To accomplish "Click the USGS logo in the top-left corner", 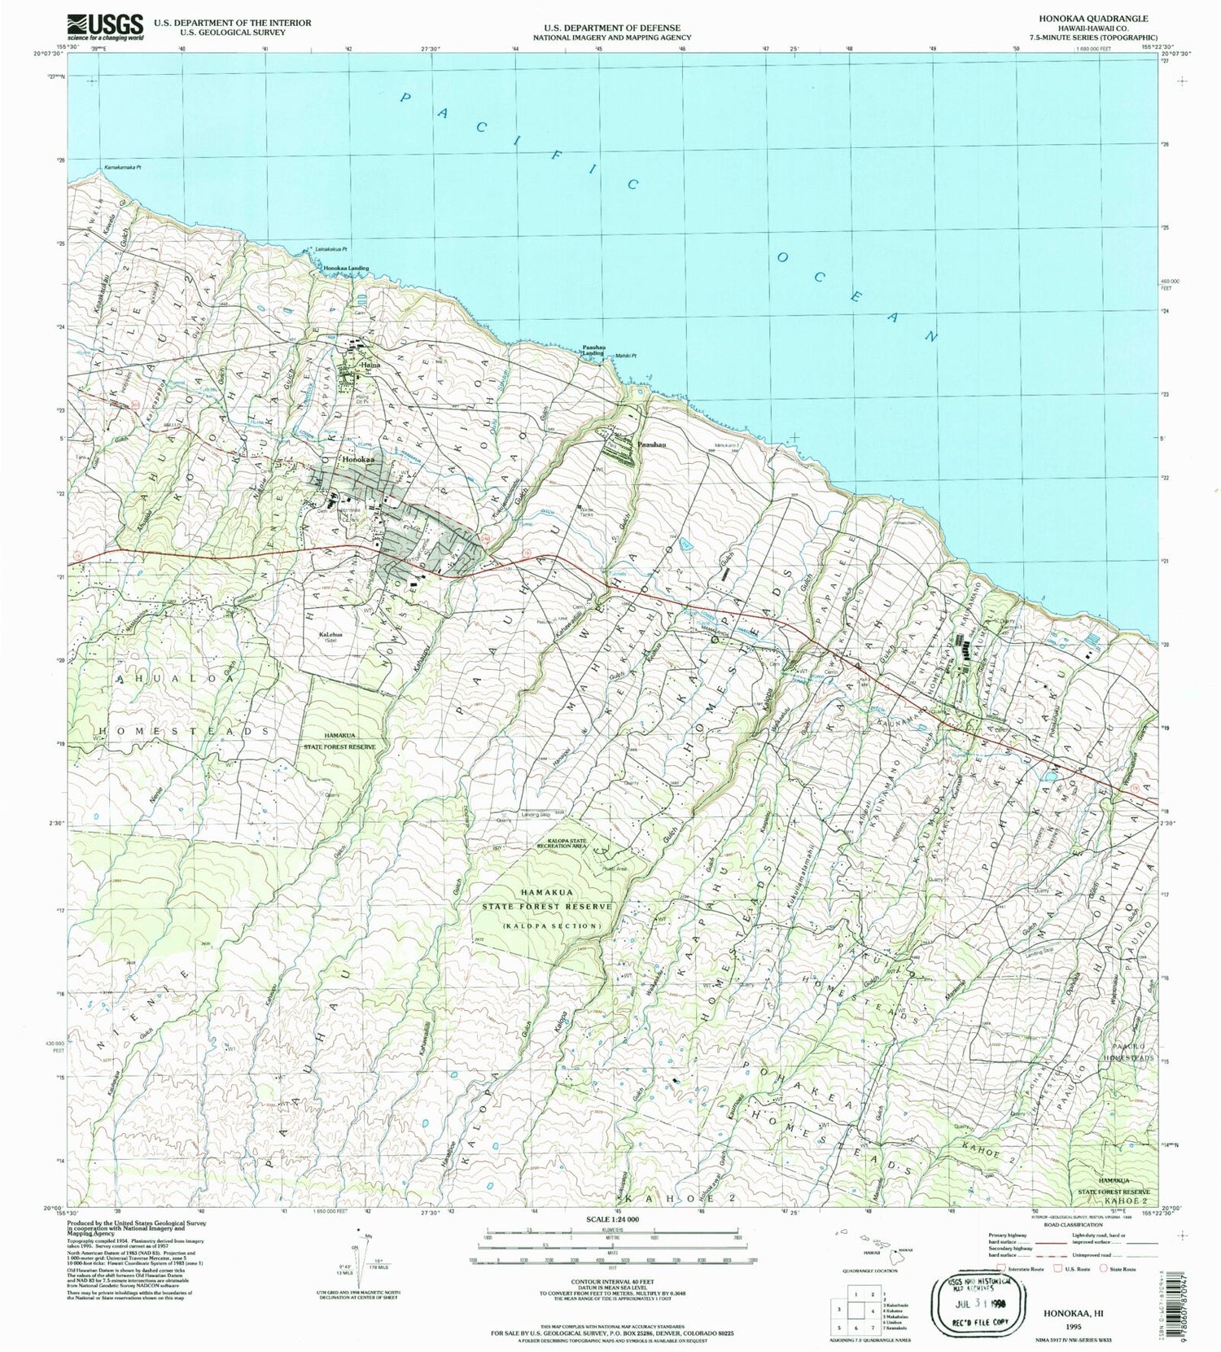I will point(105,26).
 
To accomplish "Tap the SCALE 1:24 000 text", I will point(612,1219).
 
